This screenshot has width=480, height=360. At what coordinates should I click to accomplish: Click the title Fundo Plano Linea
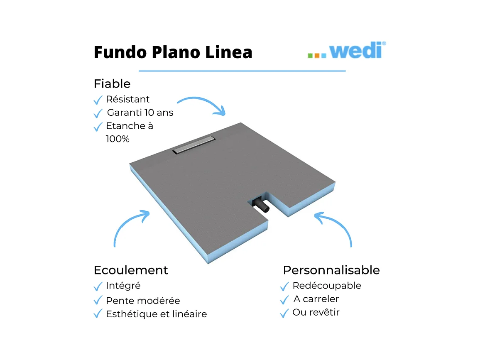[x=173, y=52]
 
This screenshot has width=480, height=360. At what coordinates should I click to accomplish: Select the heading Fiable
[x=112, y=84]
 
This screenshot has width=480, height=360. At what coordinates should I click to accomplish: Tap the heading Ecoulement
[x=131, y=270]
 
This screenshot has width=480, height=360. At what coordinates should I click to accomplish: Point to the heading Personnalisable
[x=331, y=270]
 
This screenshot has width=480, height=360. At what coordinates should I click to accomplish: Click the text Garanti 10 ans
[x=140, y=113]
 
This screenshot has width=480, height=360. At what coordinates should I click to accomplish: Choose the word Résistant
[x=128, y=99]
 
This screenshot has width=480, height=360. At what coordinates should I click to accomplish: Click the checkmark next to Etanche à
[x=98, y=127]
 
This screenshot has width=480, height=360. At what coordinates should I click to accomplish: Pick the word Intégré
[x=123, y=286]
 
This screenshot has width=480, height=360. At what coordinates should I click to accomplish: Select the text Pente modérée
[x=143, y=301]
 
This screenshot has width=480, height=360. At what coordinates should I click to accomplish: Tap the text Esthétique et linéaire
[x=156, y=314]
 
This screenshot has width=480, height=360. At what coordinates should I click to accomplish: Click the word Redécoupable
[x=327, y=286]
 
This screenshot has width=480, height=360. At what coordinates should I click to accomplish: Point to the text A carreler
[x=316, y=299]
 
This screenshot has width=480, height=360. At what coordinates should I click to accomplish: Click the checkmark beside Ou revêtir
[x=284, y=313]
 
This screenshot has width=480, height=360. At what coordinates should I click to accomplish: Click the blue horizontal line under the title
[x=242, y=71]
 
